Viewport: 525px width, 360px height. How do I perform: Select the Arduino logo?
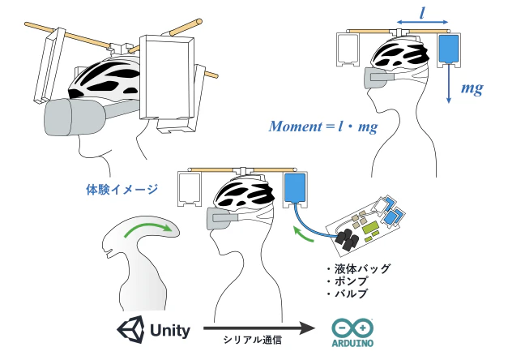click(354, 332)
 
